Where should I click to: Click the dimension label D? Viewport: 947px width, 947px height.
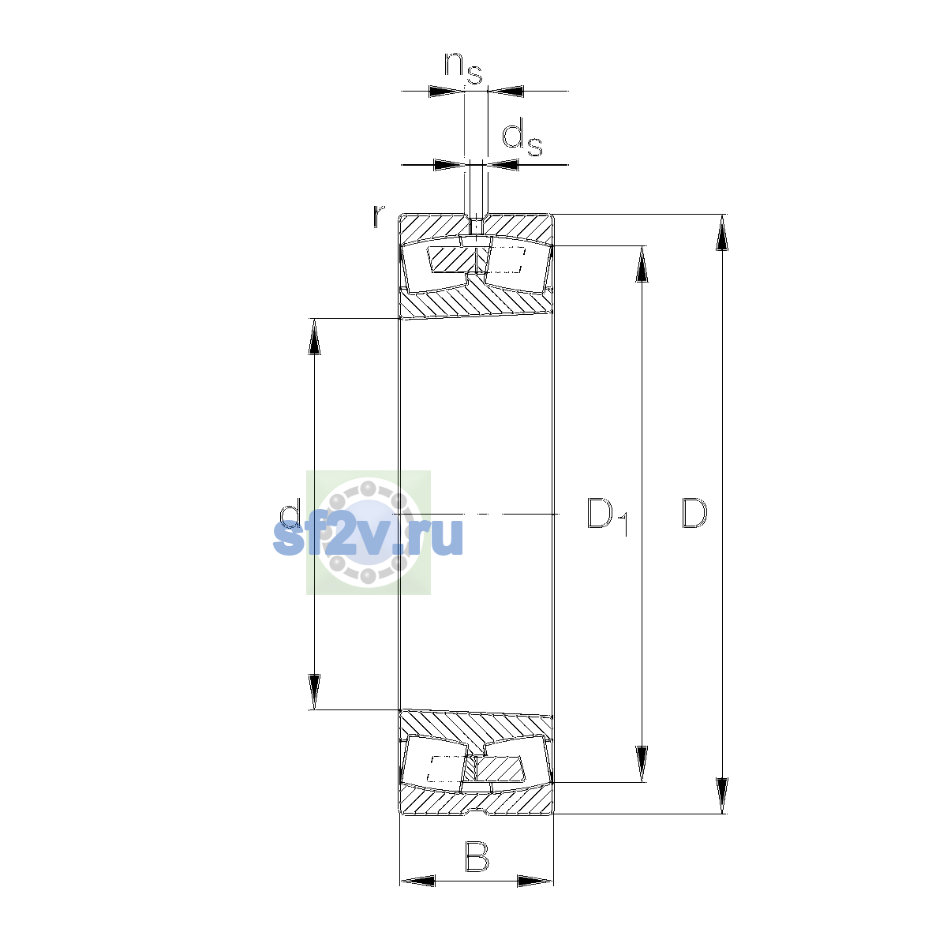(694, 514)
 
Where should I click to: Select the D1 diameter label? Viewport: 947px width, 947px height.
(607, 516)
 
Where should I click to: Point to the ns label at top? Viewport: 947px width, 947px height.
(462, 69)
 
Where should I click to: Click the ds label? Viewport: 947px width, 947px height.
(522, 139)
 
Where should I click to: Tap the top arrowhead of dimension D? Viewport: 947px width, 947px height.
(721, 233)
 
